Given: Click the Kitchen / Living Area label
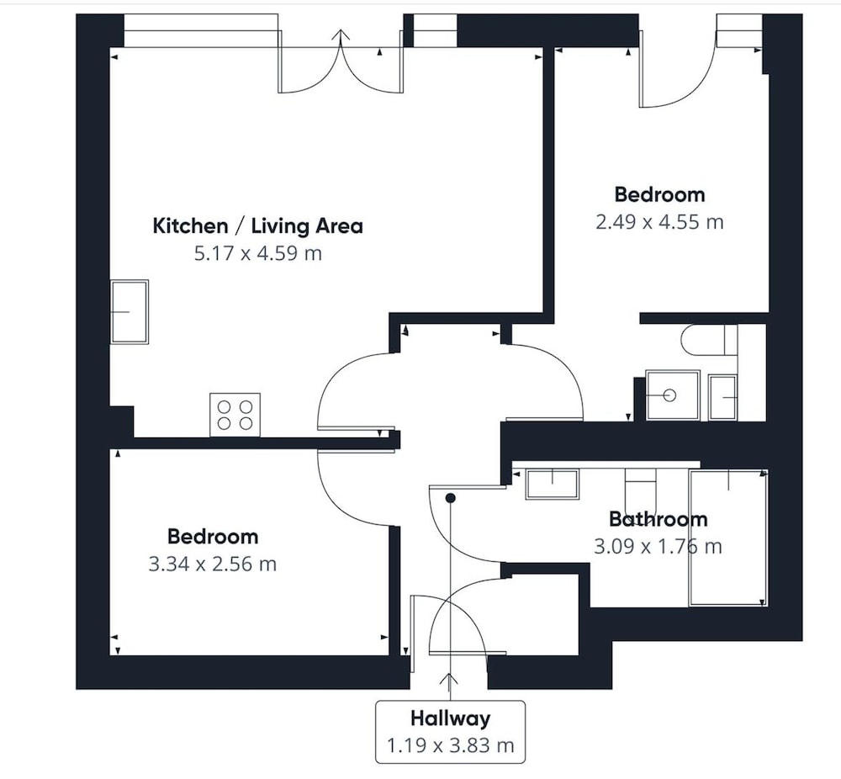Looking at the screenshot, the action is (x=257, y=225).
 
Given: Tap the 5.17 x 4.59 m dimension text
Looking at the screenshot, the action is (x=258, y=253).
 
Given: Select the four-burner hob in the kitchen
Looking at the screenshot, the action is (x=235, y=415).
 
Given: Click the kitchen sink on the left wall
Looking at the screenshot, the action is (x=130, y=312).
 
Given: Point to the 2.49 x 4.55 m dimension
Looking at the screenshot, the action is (x=659, y=222).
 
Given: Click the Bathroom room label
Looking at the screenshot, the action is (x=659, y=519).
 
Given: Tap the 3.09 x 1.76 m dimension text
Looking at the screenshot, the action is (x=658, y=547).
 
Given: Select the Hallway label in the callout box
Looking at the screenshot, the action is (x=450, y=718).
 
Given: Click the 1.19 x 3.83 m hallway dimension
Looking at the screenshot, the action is (x=450, y=745).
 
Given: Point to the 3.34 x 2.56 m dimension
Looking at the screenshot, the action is (x=213, y=564).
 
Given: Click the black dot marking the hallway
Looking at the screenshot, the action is (x=451, y=498).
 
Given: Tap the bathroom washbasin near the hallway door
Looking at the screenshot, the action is (x=553, y=485).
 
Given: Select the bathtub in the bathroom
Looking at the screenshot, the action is (x=728, y=538).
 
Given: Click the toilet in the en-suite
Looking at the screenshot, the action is (x=709, y=340).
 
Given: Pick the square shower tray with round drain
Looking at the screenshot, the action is (x=673, y=395).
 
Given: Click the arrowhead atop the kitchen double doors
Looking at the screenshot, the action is (x=341, y=35).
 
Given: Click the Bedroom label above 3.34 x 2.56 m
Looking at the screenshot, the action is (x=213, y=537).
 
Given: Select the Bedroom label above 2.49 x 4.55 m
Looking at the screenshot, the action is (x=659, y=195).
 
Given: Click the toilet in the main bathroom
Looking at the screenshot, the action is (x=640, y=485).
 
